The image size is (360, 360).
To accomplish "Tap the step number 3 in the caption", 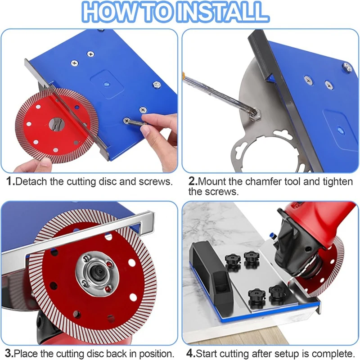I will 9,353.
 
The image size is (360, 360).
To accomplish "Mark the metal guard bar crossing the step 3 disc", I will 90,234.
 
